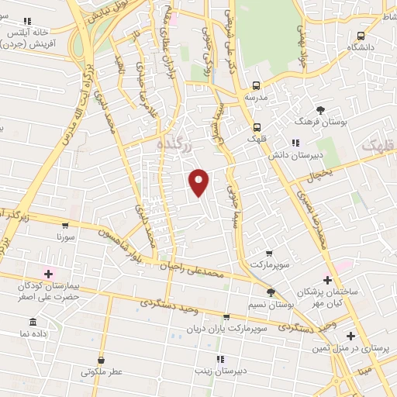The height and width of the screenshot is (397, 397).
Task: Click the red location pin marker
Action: pyautogui.click(x=199, y=181)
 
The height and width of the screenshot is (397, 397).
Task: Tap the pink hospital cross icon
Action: pyautogui.click(x=48, y=274)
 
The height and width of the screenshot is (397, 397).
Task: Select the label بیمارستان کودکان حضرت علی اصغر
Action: pyautogui.click(x=48, y=291)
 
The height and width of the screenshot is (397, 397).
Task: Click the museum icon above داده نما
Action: pyautogui.click(x=33, y=322)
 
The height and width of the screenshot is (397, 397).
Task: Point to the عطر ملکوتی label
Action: pyautogui.click(x=102, y=372)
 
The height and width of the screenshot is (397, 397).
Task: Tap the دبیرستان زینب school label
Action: pyautogui.click(x=220, y=370)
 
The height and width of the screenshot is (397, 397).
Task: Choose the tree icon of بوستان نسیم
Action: pyautogui.click(x=270, y=292)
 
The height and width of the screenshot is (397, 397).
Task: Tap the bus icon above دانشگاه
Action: pyautogui.click(x=361, y=36)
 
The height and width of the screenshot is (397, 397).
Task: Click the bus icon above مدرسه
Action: pyautogui.click(x=256, y=86)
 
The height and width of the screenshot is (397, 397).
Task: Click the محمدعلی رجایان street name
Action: pyautogui.click(x=198, y=271)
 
